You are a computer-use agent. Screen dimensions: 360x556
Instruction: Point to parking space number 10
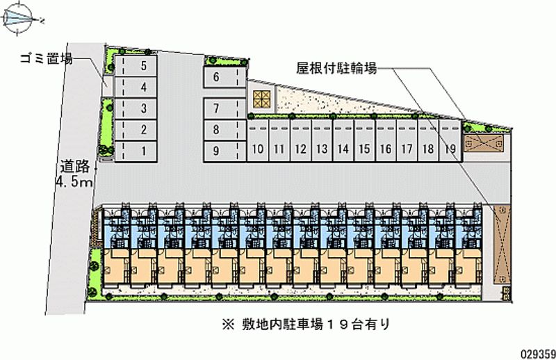tap(257, 149)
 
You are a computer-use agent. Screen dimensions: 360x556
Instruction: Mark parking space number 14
tap(343, 149)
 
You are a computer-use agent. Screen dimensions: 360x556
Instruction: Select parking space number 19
tap(450, 149)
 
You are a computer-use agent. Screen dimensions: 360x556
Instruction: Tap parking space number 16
tap(386, 149)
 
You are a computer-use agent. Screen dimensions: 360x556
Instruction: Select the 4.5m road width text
tap(74, 182)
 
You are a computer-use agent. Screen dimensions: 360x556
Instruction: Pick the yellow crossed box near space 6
tap(261, 99)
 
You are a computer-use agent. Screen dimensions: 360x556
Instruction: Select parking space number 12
tap(300, 149)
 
